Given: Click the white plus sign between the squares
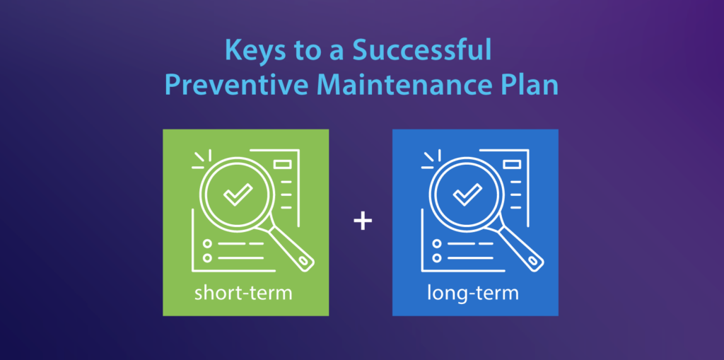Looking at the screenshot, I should point(362,222).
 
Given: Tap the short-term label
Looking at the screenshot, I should point(243,292).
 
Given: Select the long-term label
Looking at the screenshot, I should point(473,292).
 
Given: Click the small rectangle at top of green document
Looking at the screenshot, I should point(283,165).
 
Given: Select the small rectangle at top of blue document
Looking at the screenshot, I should point(513,165).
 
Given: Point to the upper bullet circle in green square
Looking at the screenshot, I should point(208,243).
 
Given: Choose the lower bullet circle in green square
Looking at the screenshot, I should point(208,257).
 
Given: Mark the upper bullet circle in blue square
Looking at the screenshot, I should point(438,243).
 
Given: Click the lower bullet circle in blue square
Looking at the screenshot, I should point(438,257).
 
